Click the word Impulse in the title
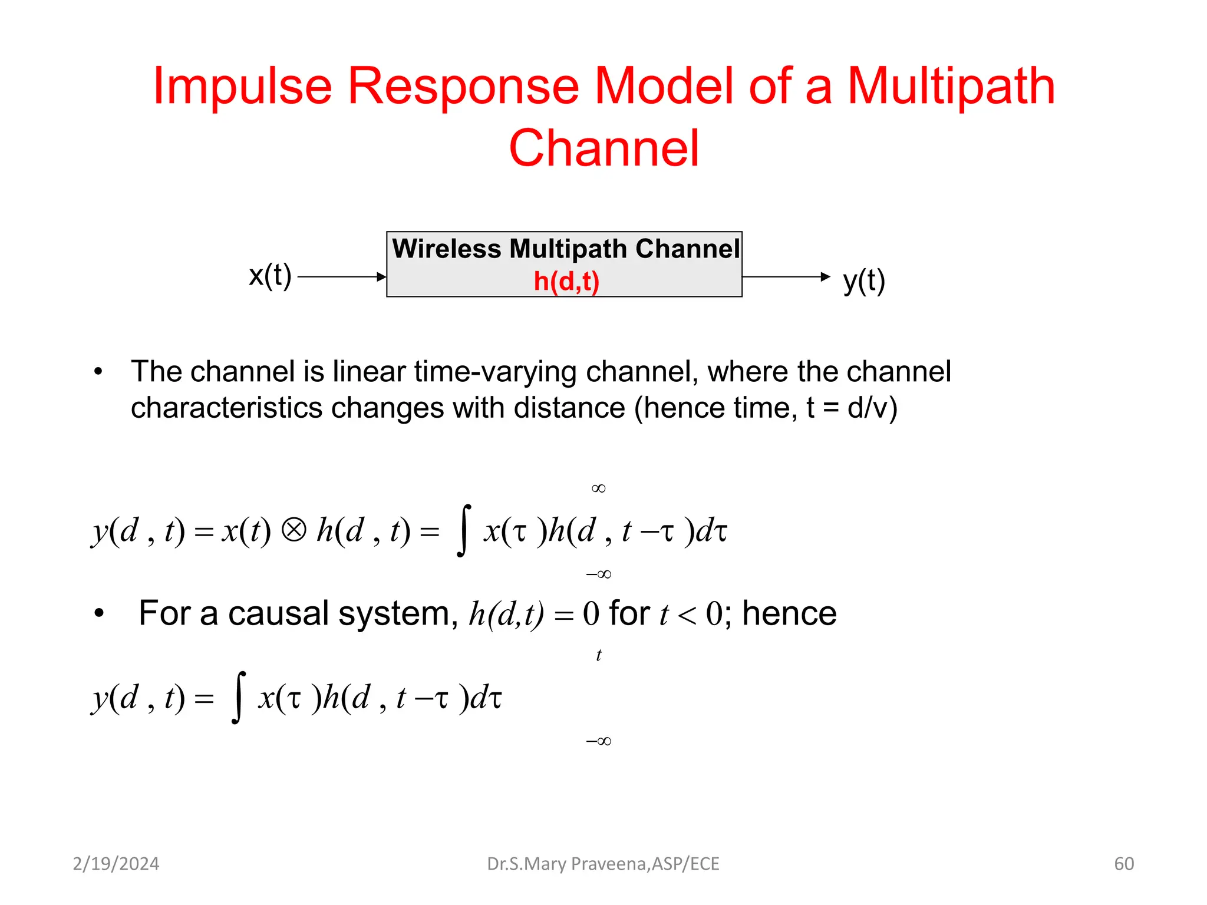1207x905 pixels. (242, 87)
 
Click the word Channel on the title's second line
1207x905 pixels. (603, 148)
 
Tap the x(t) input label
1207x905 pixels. (270, 276)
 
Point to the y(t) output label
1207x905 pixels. (864, 281)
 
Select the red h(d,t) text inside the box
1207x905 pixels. (566, 281)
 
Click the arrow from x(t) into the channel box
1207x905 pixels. (342, 276)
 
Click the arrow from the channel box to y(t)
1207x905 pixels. (786, 276)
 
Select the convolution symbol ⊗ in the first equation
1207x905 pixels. (293, 530)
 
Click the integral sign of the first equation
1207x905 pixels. (464, 530)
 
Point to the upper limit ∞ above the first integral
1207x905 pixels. (598, 488)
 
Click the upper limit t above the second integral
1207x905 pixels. (599, 655)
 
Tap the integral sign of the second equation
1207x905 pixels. (238, 697)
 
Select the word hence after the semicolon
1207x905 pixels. (789, 613)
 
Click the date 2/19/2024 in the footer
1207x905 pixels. (116, 864)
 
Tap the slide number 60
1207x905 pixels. (1124, 864)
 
